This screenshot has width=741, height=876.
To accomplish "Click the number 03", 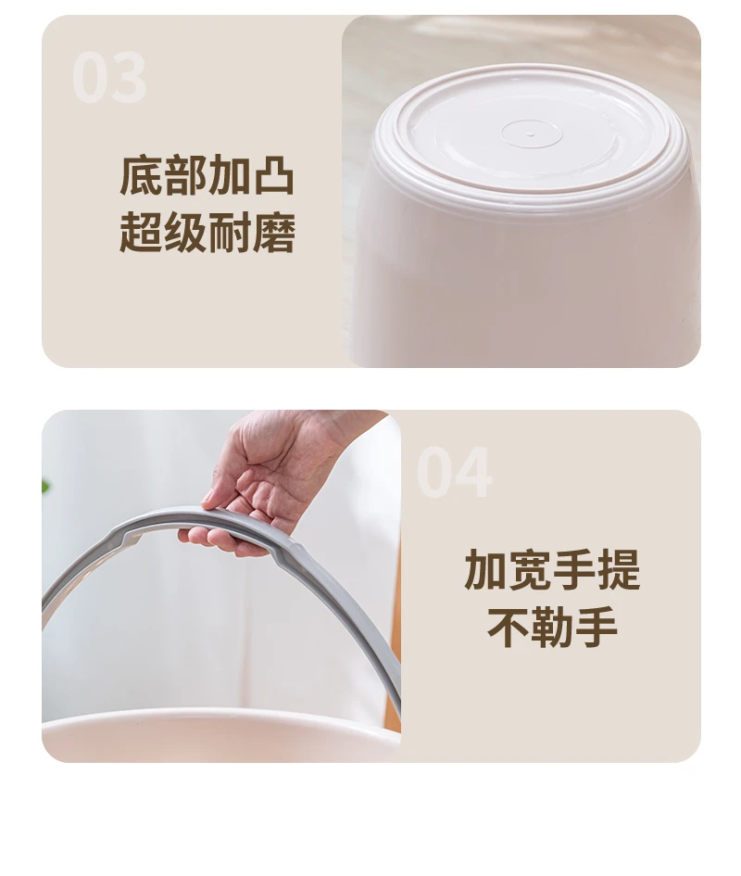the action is (109, 77).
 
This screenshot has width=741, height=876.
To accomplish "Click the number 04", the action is (455, 473).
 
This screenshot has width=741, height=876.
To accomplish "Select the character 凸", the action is (274, 176).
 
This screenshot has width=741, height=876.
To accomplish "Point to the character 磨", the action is (274, 232).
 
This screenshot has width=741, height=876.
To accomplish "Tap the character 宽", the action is (530, 570).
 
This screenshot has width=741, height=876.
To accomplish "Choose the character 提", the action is (619, 570).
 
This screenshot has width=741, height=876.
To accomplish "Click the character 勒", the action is (552, 627).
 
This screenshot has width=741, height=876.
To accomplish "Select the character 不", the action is (509, 627).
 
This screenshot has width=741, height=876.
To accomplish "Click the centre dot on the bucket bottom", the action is (531, 134).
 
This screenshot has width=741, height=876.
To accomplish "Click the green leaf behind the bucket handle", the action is (44, 486).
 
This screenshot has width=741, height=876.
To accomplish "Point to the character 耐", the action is (230, 232).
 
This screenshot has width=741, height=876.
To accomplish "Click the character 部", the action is (185, 176).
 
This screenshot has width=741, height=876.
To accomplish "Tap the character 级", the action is (185, 232).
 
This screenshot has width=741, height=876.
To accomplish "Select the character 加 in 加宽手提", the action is (485, 570).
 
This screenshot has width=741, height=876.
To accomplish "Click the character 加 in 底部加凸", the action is (230, 176).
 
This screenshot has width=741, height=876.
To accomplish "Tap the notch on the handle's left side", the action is (130, 537).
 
